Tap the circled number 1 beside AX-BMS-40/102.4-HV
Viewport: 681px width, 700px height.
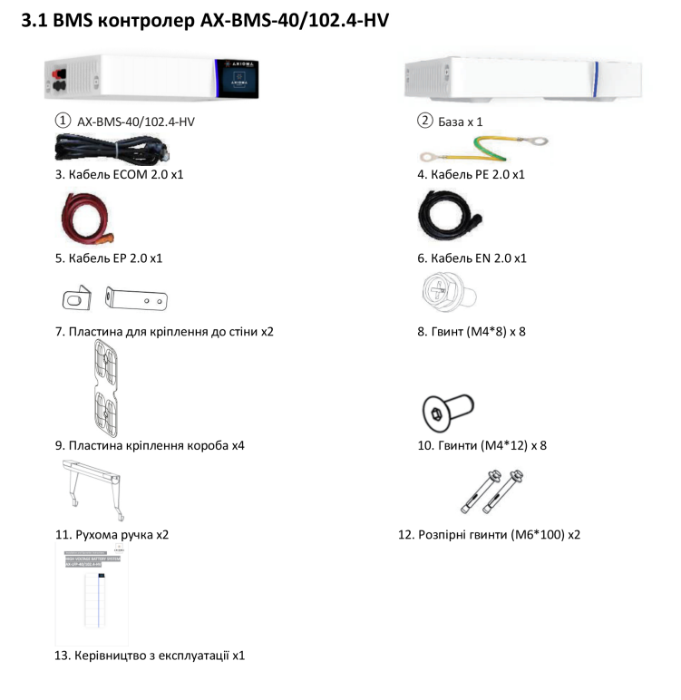click(62, 121)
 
